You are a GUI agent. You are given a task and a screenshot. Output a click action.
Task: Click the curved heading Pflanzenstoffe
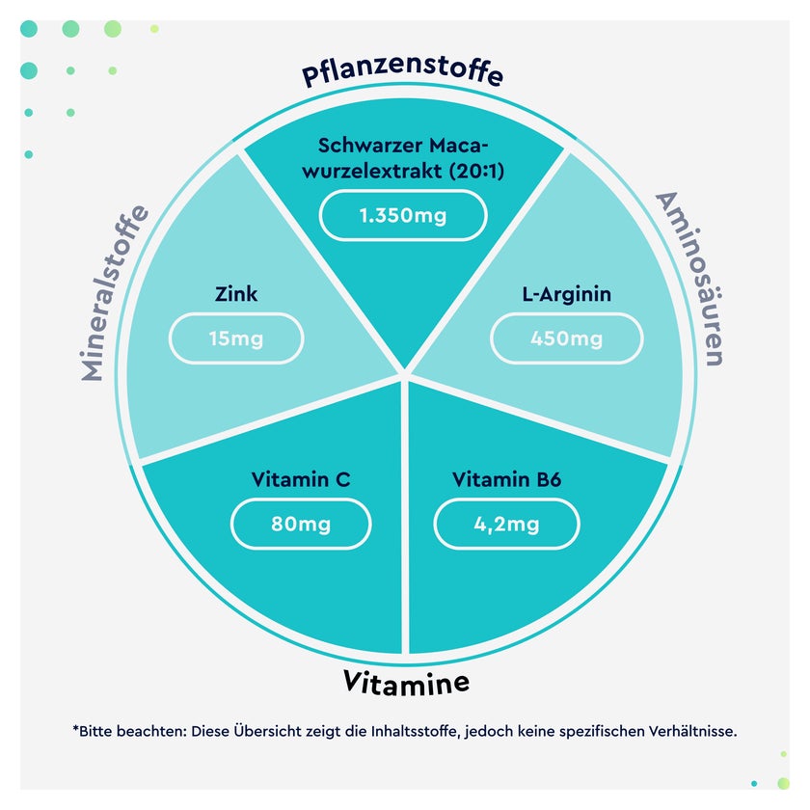tap(402, 71)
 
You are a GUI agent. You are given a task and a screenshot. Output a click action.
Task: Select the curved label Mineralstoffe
tap(114, 293)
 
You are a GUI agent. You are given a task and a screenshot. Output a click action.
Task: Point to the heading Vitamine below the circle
tap(406, 682)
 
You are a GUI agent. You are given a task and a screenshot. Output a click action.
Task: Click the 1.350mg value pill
tap(403, 215)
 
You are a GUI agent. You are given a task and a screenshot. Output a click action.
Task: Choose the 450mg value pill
tap(567, 338)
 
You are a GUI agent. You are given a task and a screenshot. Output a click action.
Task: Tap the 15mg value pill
tap(236, 338)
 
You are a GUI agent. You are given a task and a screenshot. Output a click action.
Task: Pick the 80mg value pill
tap(301, 524)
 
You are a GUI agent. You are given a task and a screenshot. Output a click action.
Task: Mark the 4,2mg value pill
tap(506, 524)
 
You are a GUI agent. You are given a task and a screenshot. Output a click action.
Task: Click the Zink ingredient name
tap(236, 294)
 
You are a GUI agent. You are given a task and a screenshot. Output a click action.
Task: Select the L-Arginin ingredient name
tap(567, 294)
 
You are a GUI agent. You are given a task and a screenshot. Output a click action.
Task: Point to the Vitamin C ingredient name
tap(301, 479)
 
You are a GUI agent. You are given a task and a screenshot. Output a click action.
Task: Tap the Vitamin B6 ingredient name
tap(506, 479)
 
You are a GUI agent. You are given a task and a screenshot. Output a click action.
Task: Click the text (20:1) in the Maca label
tap(476, 171)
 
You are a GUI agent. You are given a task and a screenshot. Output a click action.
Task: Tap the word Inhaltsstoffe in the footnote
tap(416, 732)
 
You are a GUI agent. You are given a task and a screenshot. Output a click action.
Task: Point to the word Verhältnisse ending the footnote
tap(692, 732)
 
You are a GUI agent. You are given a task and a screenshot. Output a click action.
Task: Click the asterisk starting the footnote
tap(75, 728)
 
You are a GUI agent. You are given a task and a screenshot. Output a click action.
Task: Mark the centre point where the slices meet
tap(405, 374)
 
